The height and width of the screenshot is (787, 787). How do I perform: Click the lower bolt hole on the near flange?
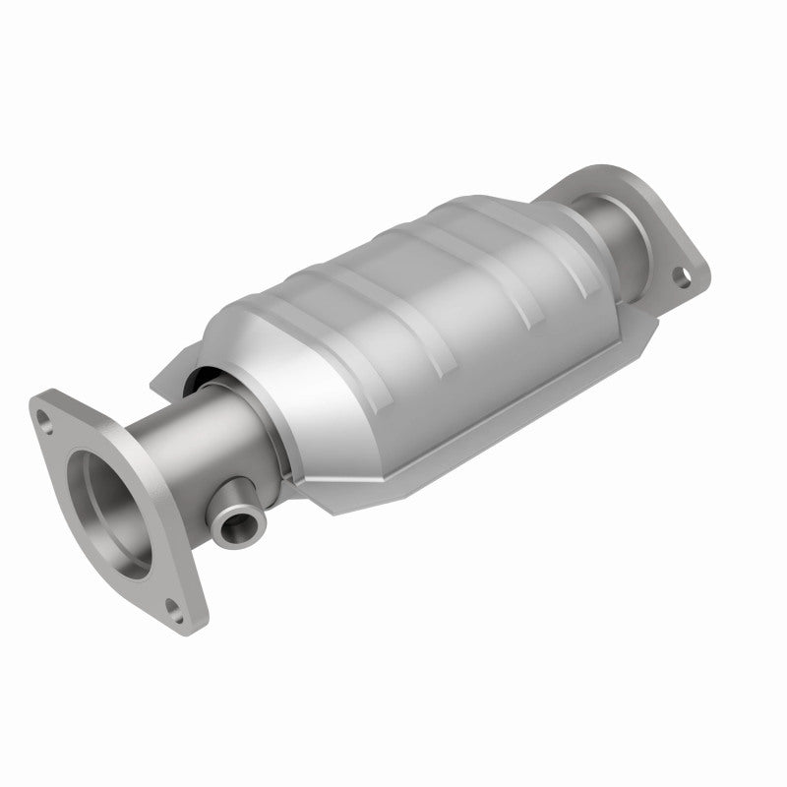(175, 607)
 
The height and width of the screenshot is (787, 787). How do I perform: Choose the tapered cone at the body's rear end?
(571, 246)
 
